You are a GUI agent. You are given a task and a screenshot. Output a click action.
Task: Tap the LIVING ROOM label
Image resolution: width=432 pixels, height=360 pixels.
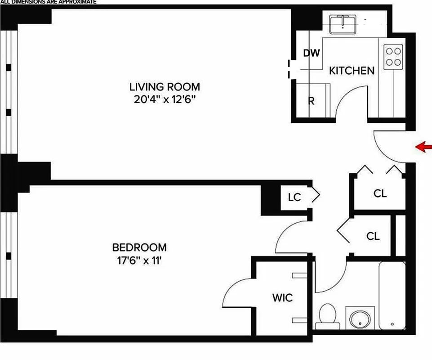pos(165,87)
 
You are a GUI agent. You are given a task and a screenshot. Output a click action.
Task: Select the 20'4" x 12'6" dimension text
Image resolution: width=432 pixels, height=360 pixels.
pos(165,99)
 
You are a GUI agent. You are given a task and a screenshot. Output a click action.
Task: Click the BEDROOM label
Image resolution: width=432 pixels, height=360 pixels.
pos(139,247)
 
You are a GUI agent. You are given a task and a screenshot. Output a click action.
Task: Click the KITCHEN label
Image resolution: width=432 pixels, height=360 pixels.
pos(352,71)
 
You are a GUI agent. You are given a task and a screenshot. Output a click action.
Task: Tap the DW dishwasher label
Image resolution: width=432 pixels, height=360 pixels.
pos(311,53)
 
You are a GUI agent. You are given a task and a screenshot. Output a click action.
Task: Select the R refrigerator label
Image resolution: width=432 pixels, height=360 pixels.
pos(311,101)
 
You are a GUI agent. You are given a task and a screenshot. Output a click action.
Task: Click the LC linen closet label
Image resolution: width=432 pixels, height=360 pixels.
pos(294,197)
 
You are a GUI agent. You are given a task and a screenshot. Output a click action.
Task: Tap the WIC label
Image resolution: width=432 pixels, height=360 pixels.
pos(282,297)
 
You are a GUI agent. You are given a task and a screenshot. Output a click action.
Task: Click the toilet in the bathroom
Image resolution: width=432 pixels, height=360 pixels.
pos(327,315)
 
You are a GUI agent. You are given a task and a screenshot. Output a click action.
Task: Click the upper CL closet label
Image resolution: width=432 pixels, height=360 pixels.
pos(380,193)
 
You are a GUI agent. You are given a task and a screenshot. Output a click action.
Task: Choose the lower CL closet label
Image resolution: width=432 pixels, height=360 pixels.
pos(373,236)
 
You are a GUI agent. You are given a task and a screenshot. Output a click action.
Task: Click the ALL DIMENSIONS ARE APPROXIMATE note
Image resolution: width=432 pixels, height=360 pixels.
pos(48,2)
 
